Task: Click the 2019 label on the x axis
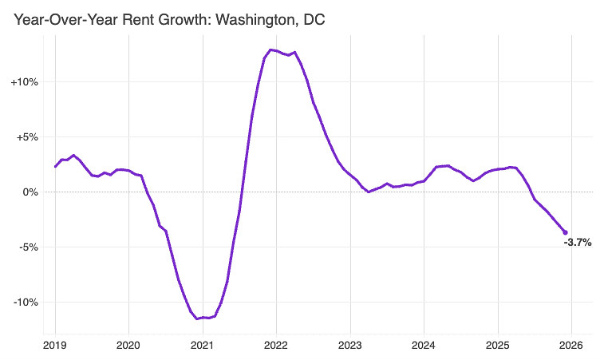tap(55, 346)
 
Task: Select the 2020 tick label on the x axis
tap(128, 346)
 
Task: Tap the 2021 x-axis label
tap(203, 346)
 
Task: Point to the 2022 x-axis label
tap(276, 346)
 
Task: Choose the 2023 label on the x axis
tap(349, 346)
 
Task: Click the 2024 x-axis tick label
tap(424, 346)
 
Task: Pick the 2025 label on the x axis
tap(497, 346)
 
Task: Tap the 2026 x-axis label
tap(571, 346)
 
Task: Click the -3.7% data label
tap(578, 243)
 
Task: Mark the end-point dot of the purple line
tap(566, 232)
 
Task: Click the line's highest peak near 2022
tap(270, 50)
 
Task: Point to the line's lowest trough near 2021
tap(197, 318)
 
